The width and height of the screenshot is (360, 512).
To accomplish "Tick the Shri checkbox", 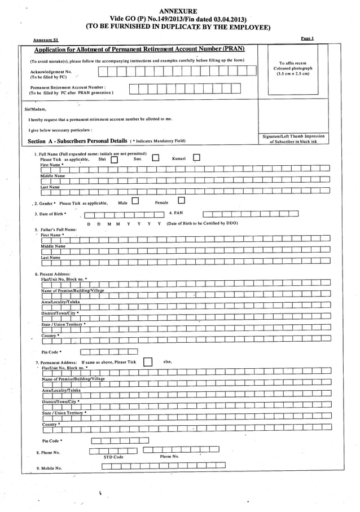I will [114, 160].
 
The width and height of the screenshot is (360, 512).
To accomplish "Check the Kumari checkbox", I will [197, 158].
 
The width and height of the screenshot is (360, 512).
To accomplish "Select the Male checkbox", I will [135, 201].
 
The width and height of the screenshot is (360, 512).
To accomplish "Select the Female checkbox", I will [181, 200].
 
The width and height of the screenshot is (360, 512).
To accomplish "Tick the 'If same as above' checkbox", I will [147, 362].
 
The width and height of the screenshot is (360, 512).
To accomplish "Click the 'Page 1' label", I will [308, 38].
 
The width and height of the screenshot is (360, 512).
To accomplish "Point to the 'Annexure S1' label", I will [46, 41].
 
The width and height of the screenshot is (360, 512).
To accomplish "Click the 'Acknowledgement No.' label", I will [51, 72].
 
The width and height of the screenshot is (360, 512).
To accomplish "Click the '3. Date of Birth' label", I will [50, 214].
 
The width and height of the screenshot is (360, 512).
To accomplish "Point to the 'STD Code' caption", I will [113, 457].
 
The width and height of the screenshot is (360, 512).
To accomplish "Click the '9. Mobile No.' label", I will [49, 468].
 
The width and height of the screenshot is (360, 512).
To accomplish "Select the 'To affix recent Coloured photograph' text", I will [293, 68].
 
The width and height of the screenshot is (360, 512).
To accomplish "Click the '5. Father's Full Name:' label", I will [55, 229].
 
